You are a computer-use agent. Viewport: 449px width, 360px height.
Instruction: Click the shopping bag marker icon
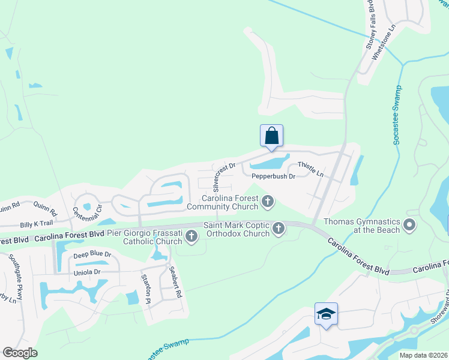tap(271, 135)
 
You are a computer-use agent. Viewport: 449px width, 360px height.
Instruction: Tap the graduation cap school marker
tap(326, 314)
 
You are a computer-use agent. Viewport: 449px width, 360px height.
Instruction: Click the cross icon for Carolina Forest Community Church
tap(268, 203)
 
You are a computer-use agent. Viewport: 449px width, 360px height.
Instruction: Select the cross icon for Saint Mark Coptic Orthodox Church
tap(278, 229)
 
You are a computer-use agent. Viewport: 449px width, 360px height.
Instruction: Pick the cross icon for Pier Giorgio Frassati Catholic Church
tap(191, 236)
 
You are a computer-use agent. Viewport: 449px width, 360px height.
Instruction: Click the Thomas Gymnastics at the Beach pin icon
tap(409, 226)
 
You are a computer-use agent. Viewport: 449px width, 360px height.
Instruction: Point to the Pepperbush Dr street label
tap(273, 176)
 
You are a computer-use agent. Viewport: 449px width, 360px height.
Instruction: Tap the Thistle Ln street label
tap(310, 170)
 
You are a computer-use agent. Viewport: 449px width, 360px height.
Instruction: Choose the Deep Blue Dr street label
tap(92, 255)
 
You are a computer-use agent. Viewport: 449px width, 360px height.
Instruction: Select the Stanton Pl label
tap(145, 288)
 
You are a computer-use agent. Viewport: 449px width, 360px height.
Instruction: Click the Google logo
tap(20, 353)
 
